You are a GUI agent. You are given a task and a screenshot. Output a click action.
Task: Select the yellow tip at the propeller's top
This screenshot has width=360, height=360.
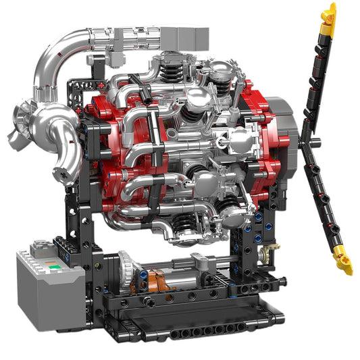pos(329,14)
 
